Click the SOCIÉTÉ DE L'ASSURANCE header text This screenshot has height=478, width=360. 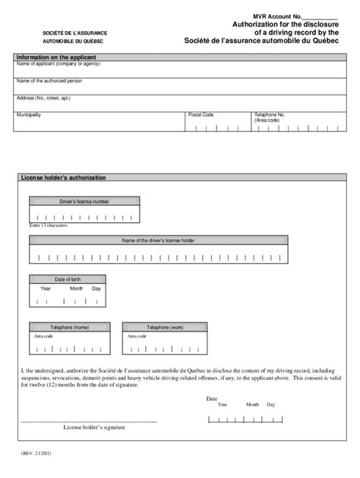pyautogui.click(x=74, y=34)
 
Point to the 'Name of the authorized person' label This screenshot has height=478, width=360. pyautogui.click(x=49, y=80)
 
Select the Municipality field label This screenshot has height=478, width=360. pyautogui.click(x=29, y=115)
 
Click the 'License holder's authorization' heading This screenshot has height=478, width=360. pyautogui.click(x=64, y=178)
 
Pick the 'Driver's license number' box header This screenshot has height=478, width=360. pyautogui.click(x=84, y=202)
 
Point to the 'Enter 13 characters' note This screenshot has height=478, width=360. pyautogui.click(x=49, y=225)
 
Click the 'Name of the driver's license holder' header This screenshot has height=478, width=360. pyautogui.click(x=158, y=241)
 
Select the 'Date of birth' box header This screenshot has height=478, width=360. pyautogui.click(x=67, y=279)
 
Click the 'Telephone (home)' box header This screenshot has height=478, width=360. pyautogui.click(x=70, y=327)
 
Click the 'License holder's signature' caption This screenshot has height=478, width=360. pyautogui.click(x=95, y=427)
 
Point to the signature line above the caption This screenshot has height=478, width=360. pyautogui.click(x=89, y=420)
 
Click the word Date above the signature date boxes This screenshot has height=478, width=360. pyautogui.click(x=212, y=398)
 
